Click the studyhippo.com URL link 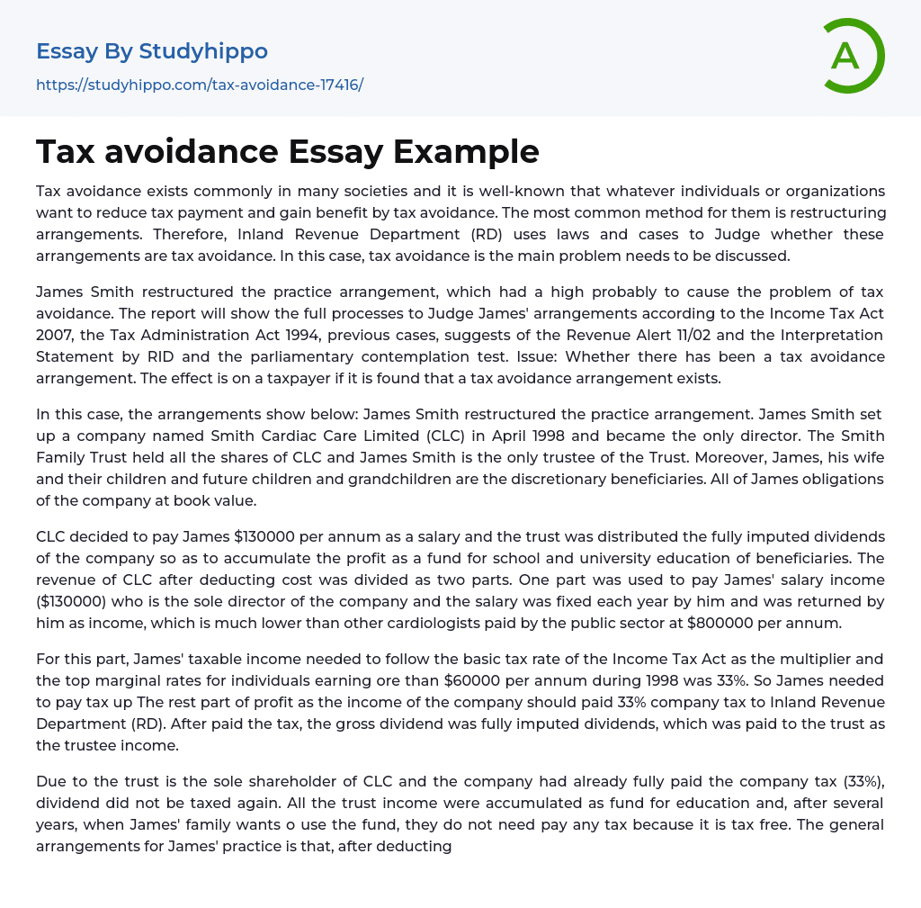point(200,85)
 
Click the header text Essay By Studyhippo point(152,51)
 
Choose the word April point(407,436)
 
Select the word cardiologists point(487,623)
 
